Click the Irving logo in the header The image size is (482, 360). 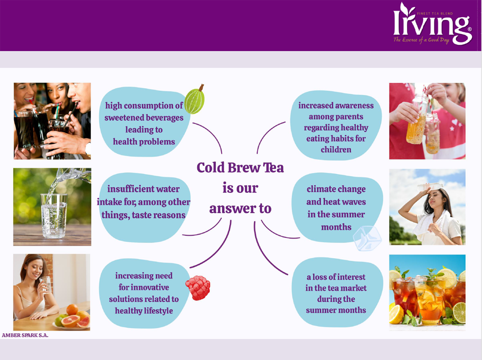(x=432, y=24)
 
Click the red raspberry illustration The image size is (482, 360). (x=198, y=288)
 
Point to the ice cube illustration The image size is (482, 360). (x=367, y=238)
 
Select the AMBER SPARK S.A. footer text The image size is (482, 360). (x=25, y=335)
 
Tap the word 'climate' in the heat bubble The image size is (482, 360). (x=321, y=189)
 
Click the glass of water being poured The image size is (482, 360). (x=54, y=216)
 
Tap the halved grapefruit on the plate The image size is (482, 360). (x=70, y=321)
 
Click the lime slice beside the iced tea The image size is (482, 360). (x=459, y=312)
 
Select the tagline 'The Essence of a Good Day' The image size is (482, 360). (x=422, y=40)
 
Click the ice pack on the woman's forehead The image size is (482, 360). (x=430, y=186)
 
